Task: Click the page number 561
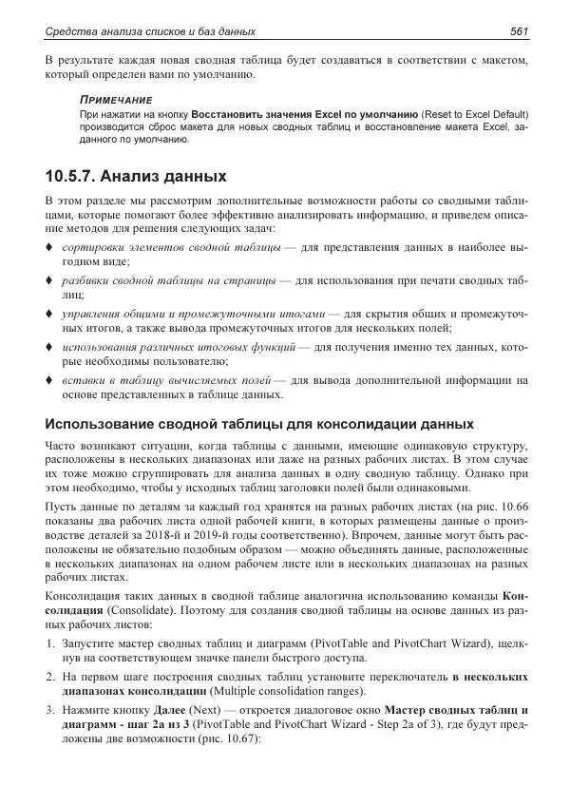(519, 32)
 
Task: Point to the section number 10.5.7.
(78, 176)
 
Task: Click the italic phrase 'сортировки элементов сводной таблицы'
(170, 247)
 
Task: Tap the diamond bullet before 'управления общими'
(48, 314)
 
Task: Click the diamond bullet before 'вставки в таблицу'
(48, 380)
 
